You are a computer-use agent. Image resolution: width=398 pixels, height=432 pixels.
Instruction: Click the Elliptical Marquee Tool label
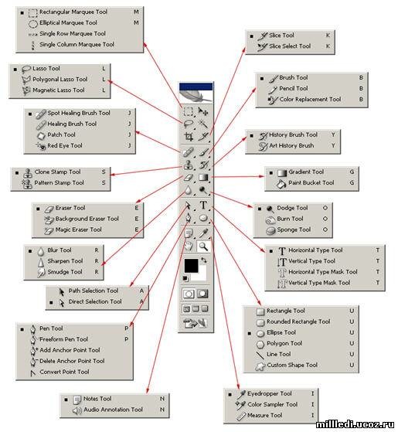pos(68,23)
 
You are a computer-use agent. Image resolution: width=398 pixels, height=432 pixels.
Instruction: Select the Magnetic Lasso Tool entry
pos(59,90)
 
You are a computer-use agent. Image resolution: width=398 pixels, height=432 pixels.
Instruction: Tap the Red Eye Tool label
pos(65,145)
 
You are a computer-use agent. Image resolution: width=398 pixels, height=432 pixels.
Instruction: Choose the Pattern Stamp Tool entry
pos(59,182)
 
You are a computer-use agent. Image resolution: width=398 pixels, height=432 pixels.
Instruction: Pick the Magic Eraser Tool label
pos(79,230)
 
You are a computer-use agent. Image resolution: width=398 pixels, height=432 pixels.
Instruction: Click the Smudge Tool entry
pos(65,272)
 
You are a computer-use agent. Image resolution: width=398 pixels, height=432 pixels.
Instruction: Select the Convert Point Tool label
pos(64,372)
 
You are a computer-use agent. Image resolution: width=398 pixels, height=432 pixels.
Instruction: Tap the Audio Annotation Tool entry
pos(113,410)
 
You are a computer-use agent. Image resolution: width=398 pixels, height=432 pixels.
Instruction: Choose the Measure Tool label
pos(265,415)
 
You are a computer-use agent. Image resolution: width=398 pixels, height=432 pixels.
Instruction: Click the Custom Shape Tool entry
pos(292,365)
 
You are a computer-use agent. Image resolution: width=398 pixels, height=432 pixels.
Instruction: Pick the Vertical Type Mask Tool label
pos(319,283)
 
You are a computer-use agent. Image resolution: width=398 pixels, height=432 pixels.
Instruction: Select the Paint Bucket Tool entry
pos(311,182)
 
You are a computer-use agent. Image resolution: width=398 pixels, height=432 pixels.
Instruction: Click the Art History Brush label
pos(291,145)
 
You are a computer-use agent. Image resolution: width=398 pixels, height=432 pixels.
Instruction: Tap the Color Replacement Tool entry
pos(310,99)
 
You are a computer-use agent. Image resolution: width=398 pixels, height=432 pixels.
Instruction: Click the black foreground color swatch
pos(191,266)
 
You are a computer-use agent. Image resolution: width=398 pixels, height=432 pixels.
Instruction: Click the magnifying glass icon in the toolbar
pos(203,246)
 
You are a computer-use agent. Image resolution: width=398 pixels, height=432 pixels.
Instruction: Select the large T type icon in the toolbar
pos(203,205)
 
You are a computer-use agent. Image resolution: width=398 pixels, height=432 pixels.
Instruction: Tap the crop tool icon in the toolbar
pos(189,136)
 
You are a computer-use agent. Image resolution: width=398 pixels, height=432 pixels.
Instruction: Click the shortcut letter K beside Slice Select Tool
pos(328,46)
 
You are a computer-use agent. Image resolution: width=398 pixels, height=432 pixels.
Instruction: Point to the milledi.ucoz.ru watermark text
pos(355,424)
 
